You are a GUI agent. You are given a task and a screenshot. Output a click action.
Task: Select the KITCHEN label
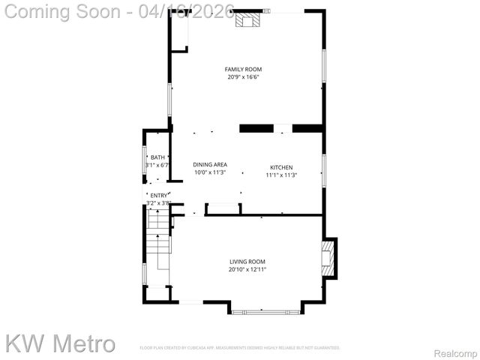281,167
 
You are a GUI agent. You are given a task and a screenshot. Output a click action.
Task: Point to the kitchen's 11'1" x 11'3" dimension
281,175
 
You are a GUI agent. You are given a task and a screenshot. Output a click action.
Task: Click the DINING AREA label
210,164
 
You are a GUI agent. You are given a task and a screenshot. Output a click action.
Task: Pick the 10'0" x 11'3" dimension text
210,172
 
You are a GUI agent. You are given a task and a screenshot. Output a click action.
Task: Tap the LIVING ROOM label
247,262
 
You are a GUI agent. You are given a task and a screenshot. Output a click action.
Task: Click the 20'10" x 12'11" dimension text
247,269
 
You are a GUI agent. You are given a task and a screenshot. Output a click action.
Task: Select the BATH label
157,157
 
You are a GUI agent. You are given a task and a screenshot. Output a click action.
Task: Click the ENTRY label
159,195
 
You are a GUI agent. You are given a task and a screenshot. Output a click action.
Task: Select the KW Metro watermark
60,343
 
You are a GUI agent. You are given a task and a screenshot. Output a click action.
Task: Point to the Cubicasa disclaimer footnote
240,348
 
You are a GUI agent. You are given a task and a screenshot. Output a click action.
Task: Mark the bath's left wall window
144,158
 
